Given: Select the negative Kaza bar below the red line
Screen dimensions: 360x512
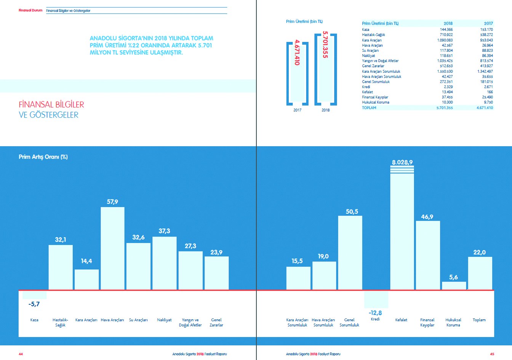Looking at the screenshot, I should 35,295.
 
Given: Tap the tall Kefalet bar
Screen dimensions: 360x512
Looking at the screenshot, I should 402,231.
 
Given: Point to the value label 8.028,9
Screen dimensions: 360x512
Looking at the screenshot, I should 402,162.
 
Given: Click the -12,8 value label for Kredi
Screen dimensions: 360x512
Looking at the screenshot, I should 375,313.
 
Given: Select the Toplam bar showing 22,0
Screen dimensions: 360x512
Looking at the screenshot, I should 480,273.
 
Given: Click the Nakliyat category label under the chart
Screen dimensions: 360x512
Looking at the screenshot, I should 164,320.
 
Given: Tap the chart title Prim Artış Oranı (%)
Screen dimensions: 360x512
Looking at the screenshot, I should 43,157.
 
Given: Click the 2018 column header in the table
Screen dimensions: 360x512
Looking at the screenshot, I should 448,24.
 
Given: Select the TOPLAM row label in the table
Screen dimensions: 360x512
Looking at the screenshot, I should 369,108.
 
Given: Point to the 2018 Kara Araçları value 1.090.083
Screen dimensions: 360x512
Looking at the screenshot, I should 445,40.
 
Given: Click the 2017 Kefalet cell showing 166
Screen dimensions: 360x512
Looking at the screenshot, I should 490,92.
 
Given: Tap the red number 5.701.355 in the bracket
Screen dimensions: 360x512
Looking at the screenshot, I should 325,45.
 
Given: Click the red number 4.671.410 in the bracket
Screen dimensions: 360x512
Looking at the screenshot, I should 297,53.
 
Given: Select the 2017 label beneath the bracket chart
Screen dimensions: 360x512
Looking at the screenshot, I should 297,110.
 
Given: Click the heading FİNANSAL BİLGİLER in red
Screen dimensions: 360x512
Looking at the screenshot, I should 51,104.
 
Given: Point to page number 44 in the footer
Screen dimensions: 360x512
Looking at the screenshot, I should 21,354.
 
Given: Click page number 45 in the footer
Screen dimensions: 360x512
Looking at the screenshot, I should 492,354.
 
